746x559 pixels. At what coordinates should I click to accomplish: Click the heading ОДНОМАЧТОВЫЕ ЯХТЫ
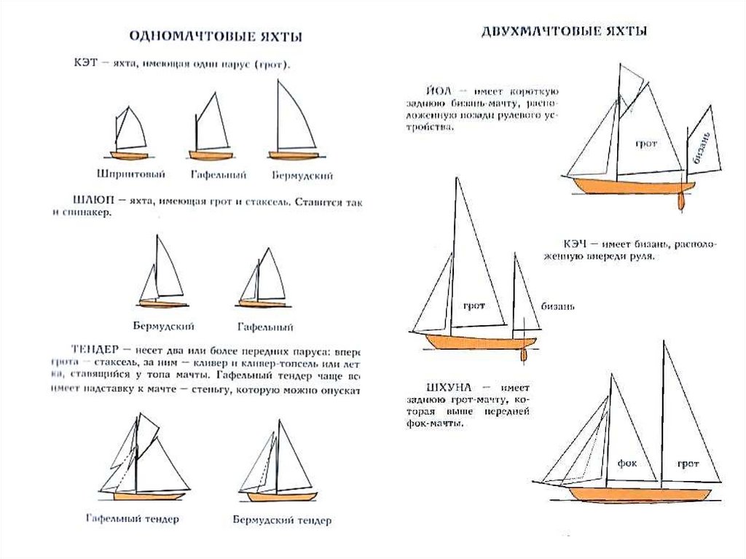(x=215, y=36)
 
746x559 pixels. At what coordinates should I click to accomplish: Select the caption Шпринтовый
(x=130, y=174)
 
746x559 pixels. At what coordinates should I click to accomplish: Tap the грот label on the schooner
(x=687, y=463)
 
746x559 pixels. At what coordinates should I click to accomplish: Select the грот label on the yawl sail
(x=645, y=144)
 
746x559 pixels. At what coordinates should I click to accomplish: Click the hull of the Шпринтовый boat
(x=129, y=155)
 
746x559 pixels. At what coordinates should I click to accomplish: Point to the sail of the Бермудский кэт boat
(x=293, y=120)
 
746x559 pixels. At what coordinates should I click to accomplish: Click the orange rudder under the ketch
(x=523, y=355)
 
